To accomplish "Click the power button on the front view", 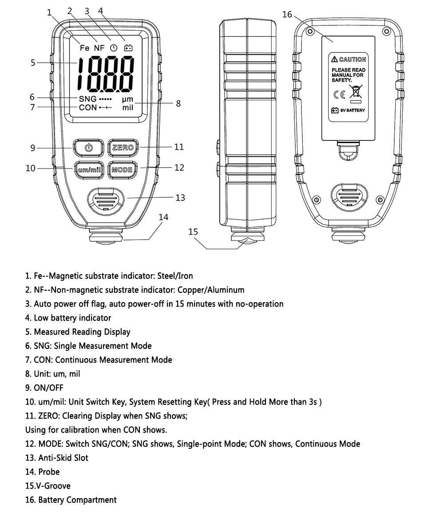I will tap(89, 148).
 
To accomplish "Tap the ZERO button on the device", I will tap(123, 148).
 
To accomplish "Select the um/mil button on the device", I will tap(89, 169).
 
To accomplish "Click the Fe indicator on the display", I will tap(84, 48).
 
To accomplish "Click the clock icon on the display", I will tap(114, 48).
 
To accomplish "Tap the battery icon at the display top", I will tap(128, 48).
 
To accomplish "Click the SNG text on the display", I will tap(87, 99).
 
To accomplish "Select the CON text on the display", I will tap(88, 108).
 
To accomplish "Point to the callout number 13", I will tap(180, 198).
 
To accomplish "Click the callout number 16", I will tap(287, 15).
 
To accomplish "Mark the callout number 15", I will tap(193, 232).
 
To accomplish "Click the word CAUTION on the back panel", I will tap(353, 59).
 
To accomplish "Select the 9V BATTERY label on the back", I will tap(352, 110).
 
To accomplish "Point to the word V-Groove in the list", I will tap(54, 486).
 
